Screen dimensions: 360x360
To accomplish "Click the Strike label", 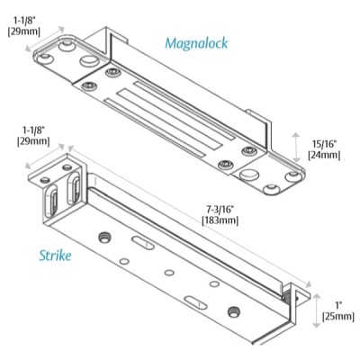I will (x=56, y=256).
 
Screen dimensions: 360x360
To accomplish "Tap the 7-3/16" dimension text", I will (x=219, y=210).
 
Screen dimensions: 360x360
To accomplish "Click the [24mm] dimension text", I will (x=324, y=156).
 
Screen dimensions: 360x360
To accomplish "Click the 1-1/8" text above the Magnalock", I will (x=22, y=18).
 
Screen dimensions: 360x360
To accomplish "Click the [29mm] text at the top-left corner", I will (x=22, y=31).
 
